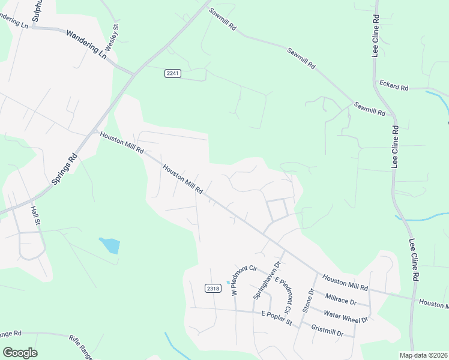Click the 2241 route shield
(x=173, y=73)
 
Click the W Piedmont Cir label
(x=237, y=280)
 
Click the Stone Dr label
(x=309, y=300)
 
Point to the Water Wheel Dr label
(x=345, y=315)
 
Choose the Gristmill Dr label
(x=327, y=330)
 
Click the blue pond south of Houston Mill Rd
(x=110, y=245)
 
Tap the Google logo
(x=20, y=353)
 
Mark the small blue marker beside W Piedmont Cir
(x=228, y=282)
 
